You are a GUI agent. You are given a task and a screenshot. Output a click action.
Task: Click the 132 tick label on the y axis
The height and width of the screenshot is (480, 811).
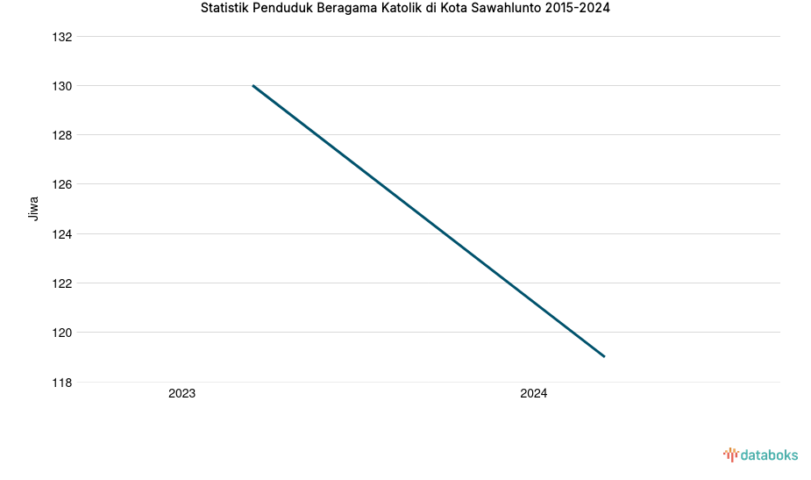click(61, 37)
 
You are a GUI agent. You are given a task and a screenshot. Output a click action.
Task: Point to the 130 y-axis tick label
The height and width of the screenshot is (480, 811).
click(61, 86)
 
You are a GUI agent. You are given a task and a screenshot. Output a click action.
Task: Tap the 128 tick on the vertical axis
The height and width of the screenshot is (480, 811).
click(61, 135)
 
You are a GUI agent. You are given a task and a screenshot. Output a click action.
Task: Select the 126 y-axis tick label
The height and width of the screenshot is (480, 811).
click(61, 184)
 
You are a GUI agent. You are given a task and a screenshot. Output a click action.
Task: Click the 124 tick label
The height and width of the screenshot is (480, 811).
click(61, 234)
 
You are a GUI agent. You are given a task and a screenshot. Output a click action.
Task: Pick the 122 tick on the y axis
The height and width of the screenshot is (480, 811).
click(61, 283)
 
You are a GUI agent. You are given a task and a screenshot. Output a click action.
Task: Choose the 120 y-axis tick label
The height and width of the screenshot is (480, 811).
click(61, 333)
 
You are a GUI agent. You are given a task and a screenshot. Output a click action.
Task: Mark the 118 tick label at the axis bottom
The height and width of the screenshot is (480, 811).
click(61, 383)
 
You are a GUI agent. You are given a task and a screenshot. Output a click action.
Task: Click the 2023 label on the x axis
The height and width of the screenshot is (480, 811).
click(182, 394)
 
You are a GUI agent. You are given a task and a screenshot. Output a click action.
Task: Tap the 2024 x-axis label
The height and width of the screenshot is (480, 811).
click(533, 394)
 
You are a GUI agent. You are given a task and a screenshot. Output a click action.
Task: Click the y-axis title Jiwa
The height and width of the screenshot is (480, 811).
click(34, 209)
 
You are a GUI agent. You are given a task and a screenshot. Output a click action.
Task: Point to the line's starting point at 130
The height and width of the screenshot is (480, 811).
click(253, 86)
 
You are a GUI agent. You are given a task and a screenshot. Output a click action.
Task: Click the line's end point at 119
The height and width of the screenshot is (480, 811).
click(604, 356)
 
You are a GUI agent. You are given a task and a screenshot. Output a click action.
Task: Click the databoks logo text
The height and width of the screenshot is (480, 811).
click(769, 455)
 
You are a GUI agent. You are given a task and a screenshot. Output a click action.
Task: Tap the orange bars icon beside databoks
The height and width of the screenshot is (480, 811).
click(730, 455)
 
